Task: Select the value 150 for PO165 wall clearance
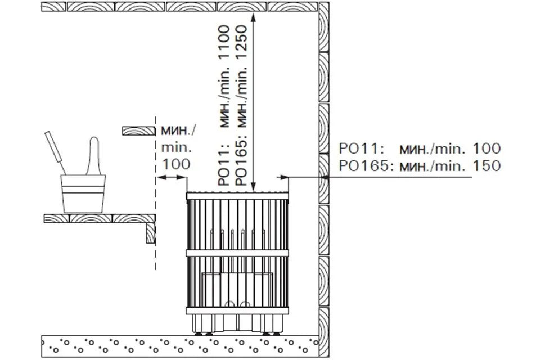[x=487, y=166]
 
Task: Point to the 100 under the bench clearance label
[x=176, y=164]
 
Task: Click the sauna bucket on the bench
[x=83, y=193]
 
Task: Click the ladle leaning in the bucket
[x=55, y=152]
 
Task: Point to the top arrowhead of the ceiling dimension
[x=254, y=17]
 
